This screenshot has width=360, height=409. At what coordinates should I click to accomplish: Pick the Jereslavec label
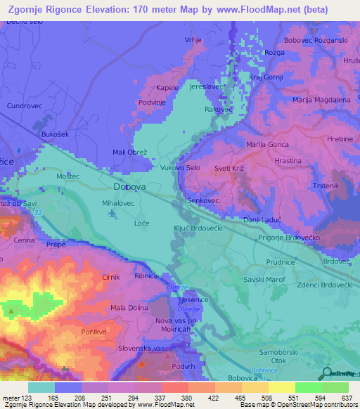click(207, 88)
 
